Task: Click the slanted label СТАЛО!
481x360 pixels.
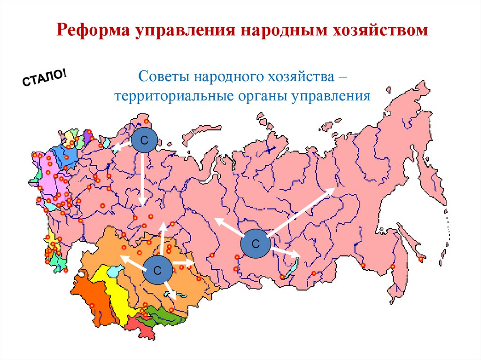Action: click(45, 77)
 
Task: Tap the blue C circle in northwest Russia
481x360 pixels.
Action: click(144, 140)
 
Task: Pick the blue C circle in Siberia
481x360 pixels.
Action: click(256, 244)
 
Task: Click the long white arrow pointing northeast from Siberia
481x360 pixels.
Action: click(301, 211)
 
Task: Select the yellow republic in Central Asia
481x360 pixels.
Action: click(113, 291)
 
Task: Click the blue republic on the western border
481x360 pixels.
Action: click(66, 155)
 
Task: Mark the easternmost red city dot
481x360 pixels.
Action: click(421, 259)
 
